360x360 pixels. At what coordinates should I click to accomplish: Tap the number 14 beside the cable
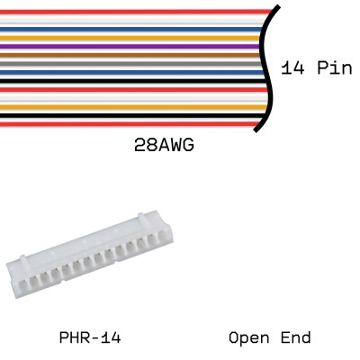click(292, 69)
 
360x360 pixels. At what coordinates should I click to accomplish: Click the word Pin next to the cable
click(333, 69)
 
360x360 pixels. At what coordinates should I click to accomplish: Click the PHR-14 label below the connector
click(90, 338)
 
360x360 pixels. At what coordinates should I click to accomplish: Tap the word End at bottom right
click(295, 338)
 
